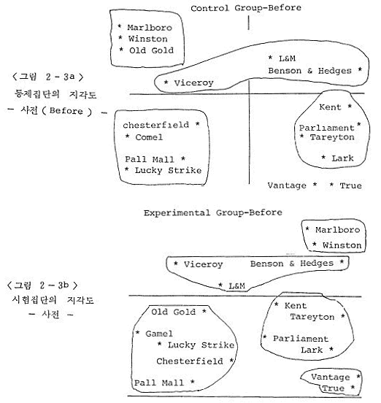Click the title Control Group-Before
(x=246, y=8)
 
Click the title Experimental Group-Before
(x=212, y=212)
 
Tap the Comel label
(x=149, y=137)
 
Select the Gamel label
(x=159, y=334)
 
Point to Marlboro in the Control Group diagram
(x=150, y=28)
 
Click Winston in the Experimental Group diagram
(x=342, y=245)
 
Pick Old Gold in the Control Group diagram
(x=151, y=50)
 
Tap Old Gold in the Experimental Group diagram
(x=174, y=312)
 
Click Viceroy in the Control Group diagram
(x=193, y=82)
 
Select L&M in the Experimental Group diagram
(x=236, y=285)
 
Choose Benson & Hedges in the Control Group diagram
(x=309, y=71)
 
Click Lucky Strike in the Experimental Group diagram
(x=201, y=345)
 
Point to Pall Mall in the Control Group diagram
(x=150, y=159)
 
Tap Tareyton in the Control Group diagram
(x=332, y=137)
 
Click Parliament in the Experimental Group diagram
(x=301, y=339)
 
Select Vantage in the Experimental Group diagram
(x=331, y=377)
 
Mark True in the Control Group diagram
(x=350, y=185)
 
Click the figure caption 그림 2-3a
(x=48, y=77)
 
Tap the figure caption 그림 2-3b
(x=42, y=285)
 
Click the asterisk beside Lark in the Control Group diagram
(x=324, y=157)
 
